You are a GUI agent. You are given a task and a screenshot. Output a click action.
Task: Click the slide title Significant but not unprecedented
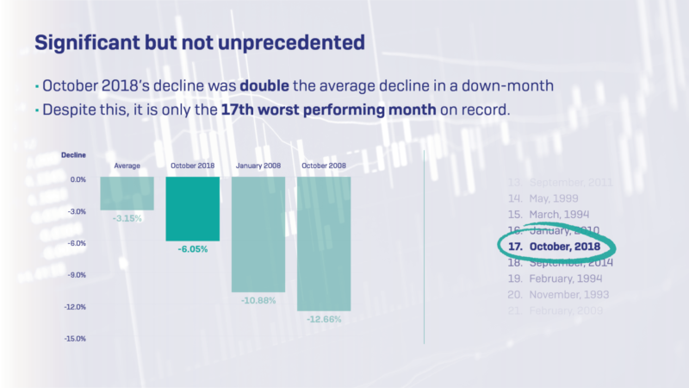click(198, 41)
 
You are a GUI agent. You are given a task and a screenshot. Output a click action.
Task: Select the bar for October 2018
click(193, 209)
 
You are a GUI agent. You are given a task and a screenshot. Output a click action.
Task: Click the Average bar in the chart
click(127, 193)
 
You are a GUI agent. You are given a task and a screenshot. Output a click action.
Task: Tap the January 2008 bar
click(258, 234)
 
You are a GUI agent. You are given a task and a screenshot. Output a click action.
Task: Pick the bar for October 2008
click(323, 243)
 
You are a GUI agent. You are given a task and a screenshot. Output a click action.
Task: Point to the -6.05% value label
click(193, 248)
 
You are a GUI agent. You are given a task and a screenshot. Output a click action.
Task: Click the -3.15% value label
click(127, 217)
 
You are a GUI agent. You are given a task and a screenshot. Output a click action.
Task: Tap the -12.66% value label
click(323, 318)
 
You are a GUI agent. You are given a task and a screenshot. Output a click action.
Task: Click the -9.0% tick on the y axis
click(75, 275)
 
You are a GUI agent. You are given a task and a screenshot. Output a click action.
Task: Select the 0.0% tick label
click(77, 179)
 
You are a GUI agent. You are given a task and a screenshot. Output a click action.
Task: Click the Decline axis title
click(73, 155)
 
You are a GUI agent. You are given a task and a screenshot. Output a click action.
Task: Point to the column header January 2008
click(258, 166)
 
